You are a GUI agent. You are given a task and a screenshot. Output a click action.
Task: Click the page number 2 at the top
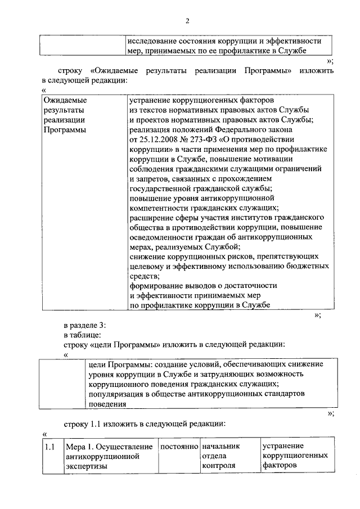coord(188,21)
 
